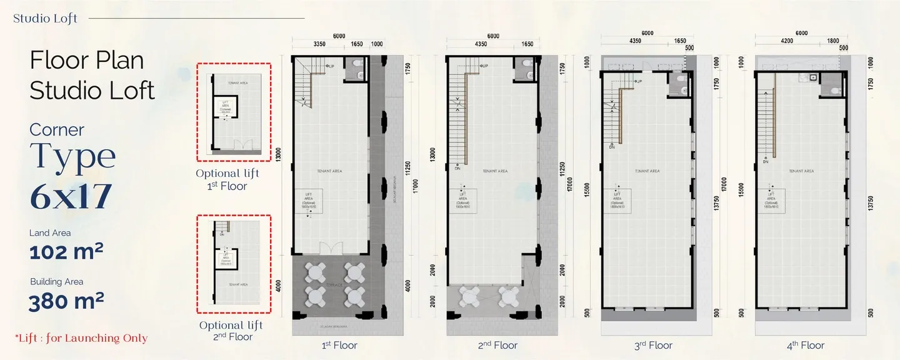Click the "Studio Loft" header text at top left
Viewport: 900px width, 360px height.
(x=46, y=18)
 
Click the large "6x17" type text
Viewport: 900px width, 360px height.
(x=71, y=196)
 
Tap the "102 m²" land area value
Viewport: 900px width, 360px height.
(x=66, y=252)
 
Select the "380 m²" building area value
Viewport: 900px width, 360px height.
(x=66, y=301)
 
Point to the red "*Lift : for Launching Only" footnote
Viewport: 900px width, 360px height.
(x=81, y=338)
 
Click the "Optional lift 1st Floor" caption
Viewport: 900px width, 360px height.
(x=227, y=179)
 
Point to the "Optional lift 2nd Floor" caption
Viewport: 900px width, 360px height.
(x=231, y=331)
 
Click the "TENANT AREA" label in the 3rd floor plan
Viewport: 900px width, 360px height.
(x=647, y=171)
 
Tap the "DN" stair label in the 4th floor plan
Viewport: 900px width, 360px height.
(x=766, y=162)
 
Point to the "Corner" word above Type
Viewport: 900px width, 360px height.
(x=57, y=130)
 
